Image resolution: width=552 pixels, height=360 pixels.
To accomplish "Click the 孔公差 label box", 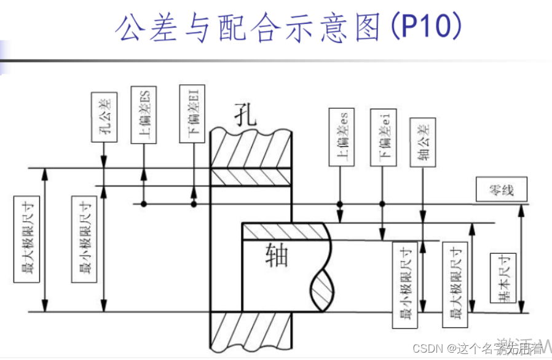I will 103,117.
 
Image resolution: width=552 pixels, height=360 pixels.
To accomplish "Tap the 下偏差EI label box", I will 193,114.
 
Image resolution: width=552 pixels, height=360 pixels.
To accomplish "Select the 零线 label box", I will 502,190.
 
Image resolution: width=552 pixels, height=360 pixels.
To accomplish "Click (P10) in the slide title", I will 426,26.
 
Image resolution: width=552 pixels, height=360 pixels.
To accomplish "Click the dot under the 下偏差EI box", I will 194,203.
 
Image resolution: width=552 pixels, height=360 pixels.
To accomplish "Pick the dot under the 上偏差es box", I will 339,203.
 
